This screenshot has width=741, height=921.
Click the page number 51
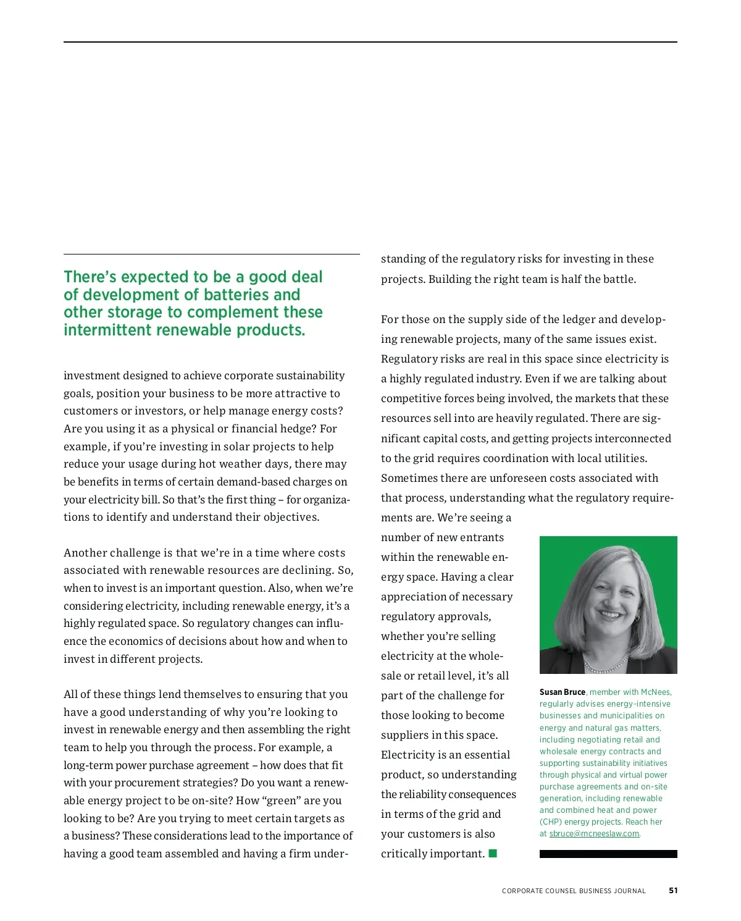673,890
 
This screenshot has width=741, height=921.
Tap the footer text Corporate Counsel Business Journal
574,891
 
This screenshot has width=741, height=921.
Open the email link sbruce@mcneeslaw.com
594,833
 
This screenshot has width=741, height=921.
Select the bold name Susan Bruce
562,692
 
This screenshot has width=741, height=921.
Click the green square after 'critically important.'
493,853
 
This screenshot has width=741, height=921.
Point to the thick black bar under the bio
608,854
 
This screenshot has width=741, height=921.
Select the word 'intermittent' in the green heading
108,330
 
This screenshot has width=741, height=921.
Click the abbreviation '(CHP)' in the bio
550,822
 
